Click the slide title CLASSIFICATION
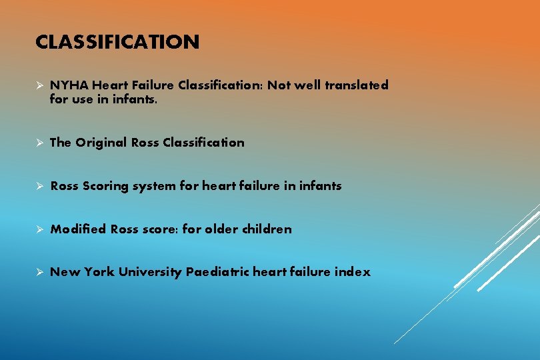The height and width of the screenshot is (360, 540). (x=117, y=43)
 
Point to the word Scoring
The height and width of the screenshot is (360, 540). (x=106, y=187)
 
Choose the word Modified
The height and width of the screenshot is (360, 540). (x=78, y=229)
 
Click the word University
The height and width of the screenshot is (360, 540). (x=150, y=272)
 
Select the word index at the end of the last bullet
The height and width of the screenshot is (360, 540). (x=353, y=272)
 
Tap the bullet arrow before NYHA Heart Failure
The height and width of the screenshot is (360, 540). (x=40, y=86)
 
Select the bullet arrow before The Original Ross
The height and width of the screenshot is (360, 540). (x=40, y=143)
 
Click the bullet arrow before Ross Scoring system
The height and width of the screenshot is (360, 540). (x=40, y=187)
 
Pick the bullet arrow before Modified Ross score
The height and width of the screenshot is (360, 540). (x=40, y=229)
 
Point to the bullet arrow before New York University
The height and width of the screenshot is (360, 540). (x=40, y=272)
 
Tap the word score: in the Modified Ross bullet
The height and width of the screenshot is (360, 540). (x=160, y=229)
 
